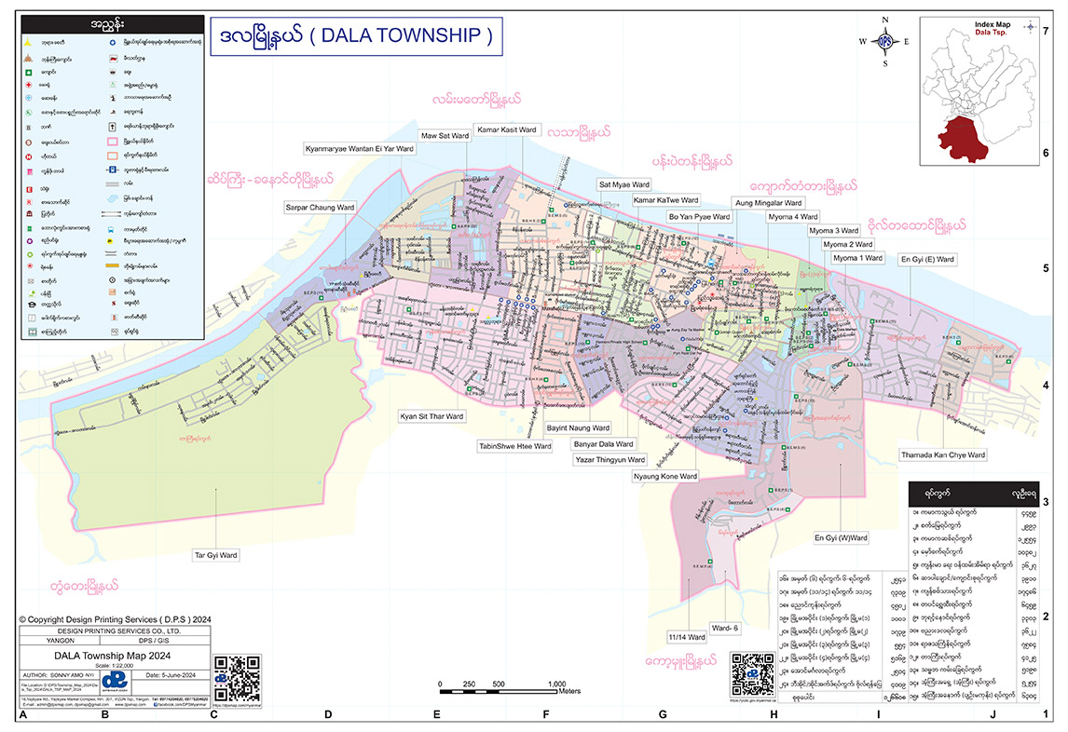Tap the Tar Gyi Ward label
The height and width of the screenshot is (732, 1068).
click(x=215, y=555)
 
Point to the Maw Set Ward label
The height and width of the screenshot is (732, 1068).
click(x=445, y=136)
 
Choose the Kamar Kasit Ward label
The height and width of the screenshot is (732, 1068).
click(x=506, y=129)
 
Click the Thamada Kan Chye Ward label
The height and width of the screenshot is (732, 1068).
click(x=942, y=455)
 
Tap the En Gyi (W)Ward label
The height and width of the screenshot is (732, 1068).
click(x=841, y=537)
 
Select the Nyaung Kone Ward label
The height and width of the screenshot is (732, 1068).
click(x=664, y=476)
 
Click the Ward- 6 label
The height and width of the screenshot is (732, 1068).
click(x=723, y=628)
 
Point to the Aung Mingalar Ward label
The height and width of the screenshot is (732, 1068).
click(x=768, y=202)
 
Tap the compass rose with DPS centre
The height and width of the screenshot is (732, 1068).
click(x=884, y=42)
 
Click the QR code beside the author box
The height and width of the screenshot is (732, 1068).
click(x=237, y=677)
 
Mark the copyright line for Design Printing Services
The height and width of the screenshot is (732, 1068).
click(x=108, y=618)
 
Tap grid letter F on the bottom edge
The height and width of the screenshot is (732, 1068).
click(x=547, y=714)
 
